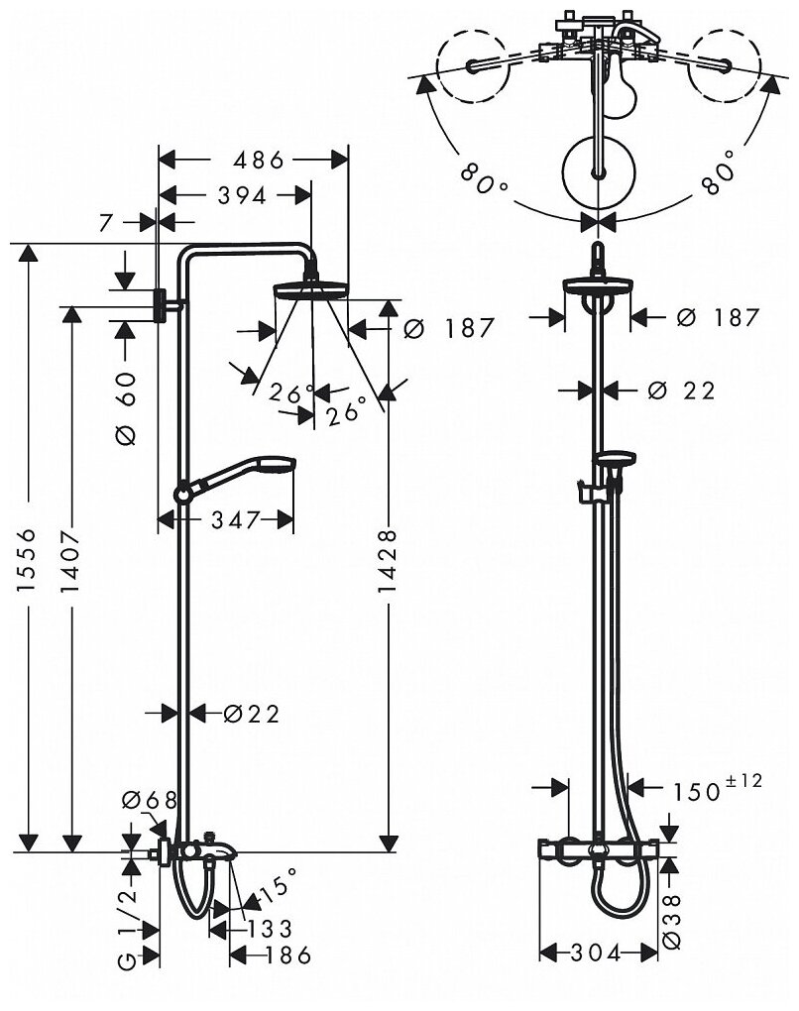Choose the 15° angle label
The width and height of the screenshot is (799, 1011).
coord(278,886)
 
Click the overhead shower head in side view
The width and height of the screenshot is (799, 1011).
coord(311,289)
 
